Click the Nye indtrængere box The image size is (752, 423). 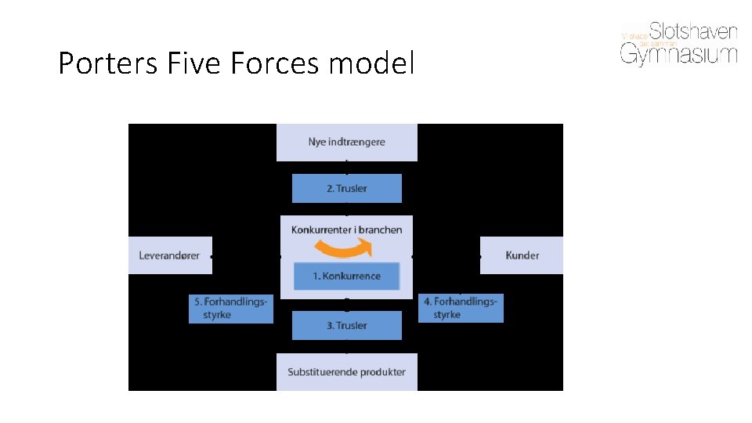(x=346, y=142)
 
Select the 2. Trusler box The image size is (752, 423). (x=346, y=188)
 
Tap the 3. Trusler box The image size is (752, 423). (x=346, y=325)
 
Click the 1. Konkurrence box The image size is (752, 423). (x=346, y=276)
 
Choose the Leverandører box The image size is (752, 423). (x=170, y=255)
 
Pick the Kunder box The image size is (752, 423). (x=522, y=255)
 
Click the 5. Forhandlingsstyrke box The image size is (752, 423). (x=231, y=308)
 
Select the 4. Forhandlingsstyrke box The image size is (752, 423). (x=461, y=308)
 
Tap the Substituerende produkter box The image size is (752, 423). (x=346, y=371)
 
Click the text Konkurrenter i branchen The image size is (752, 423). (x=346, y=230)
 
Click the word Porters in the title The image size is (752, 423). (x=109, y=63)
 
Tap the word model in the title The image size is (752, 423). (x=371, y=63)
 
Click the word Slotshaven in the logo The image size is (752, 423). (x=694, y=31)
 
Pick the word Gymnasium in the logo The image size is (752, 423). (x=679, y=54)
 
